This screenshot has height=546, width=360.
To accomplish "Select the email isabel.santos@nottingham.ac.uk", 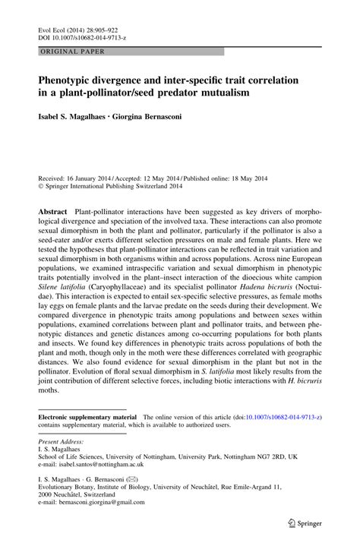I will (x=96, y=466).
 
